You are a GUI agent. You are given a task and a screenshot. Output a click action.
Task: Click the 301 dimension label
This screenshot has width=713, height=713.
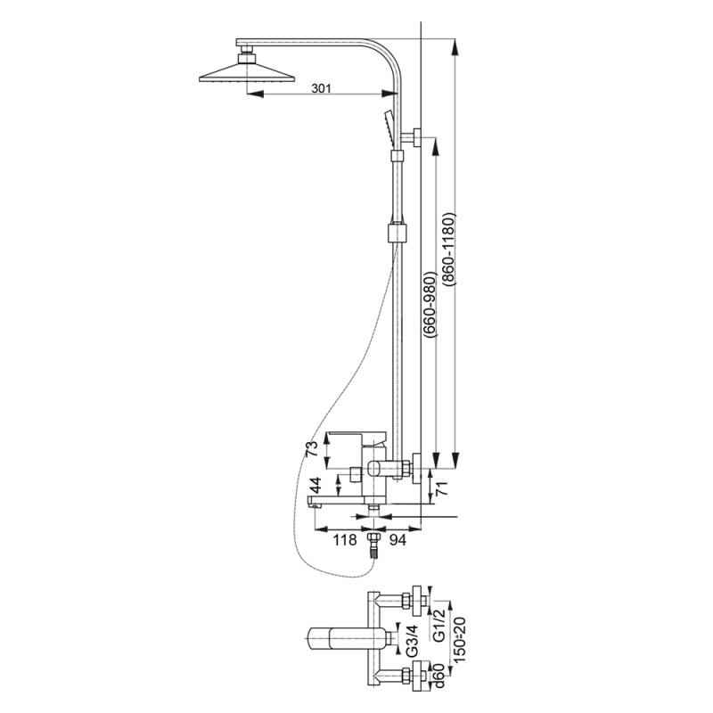321,88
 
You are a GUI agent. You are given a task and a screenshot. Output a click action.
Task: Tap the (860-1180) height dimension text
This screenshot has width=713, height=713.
448,249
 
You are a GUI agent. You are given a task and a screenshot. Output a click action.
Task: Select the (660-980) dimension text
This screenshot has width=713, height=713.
430,304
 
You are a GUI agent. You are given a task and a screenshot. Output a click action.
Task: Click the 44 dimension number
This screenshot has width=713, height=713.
316,486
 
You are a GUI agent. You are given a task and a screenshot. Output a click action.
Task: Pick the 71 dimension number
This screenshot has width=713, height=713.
441,488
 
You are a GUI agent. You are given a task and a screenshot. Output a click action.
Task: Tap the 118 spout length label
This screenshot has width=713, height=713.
345,540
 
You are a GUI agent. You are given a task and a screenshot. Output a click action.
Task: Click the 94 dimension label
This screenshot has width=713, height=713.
397,540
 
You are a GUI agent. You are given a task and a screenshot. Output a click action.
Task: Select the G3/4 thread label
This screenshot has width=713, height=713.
412,641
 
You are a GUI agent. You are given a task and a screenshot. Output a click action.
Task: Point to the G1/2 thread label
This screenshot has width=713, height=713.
438,626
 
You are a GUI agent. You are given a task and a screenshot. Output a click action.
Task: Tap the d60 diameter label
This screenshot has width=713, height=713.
438,677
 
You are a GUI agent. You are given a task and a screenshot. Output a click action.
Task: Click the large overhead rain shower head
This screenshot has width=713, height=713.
247,73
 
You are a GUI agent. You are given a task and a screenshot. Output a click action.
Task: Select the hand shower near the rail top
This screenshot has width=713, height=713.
389,128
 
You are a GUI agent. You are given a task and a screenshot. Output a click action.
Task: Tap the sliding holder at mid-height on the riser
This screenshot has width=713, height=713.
397,233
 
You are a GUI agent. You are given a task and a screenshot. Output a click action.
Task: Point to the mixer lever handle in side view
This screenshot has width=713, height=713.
357,438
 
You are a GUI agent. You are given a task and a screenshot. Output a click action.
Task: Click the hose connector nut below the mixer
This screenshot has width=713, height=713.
373,538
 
